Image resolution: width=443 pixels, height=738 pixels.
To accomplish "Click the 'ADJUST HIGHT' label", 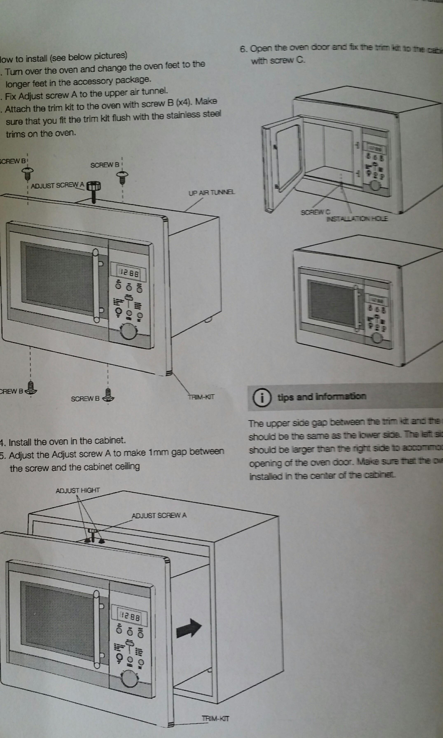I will pos(78,490).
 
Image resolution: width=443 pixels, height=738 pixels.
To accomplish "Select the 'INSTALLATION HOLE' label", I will pos(357,219).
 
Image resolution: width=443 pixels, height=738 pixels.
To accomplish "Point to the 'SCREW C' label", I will pos(315,212).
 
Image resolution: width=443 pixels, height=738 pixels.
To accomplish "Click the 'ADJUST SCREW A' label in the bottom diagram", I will pos(159,515).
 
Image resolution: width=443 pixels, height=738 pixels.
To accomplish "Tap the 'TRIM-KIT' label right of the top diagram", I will pos(201,397).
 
